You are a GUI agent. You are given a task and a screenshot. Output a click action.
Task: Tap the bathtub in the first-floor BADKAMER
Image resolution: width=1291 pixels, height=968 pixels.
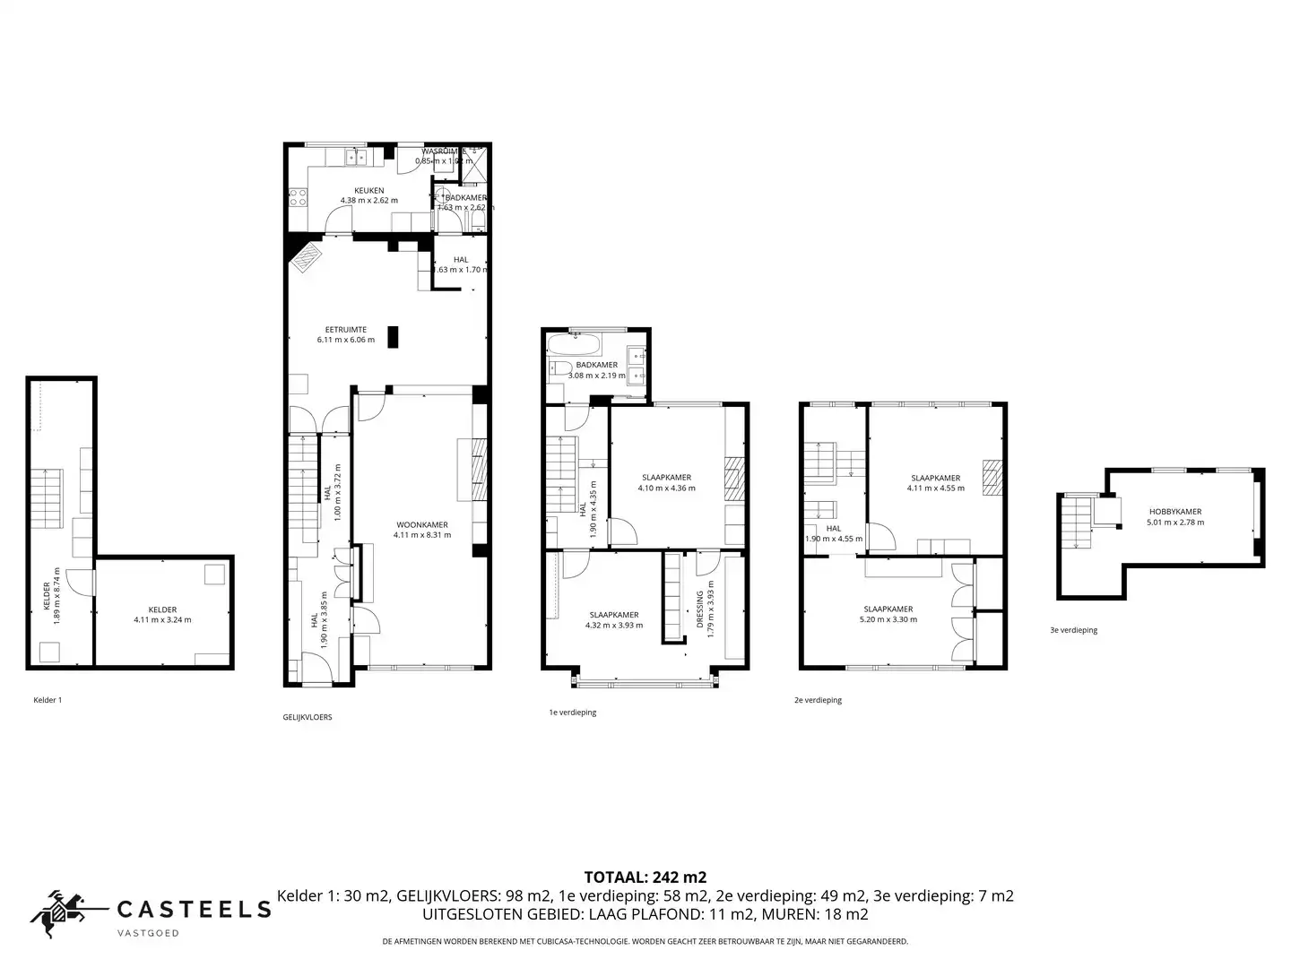[574, 345]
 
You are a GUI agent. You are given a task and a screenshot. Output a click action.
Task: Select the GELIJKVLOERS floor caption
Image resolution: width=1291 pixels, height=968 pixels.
[307, 717]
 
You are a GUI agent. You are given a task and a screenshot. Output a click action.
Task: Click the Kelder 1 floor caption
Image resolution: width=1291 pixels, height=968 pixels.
[48, 699]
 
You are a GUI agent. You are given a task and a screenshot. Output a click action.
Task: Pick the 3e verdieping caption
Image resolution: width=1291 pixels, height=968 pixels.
[1073, 630]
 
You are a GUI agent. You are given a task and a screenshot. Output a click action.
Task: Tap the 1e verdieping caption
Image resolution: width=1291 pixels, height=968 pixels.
[573, 713]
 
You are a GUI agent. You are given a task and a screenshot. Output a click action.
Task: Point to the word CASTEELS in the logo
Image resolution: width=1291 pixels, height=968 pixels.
[195, 909]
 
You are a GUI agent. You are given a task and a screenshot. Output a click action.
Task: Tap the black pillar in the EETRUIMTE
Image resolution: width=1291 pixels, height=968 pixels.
[393, 336]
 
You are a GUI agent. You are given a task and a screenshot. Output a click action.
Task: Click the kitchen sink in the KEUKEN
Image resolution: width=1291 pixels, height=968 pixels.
[356, 159]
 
